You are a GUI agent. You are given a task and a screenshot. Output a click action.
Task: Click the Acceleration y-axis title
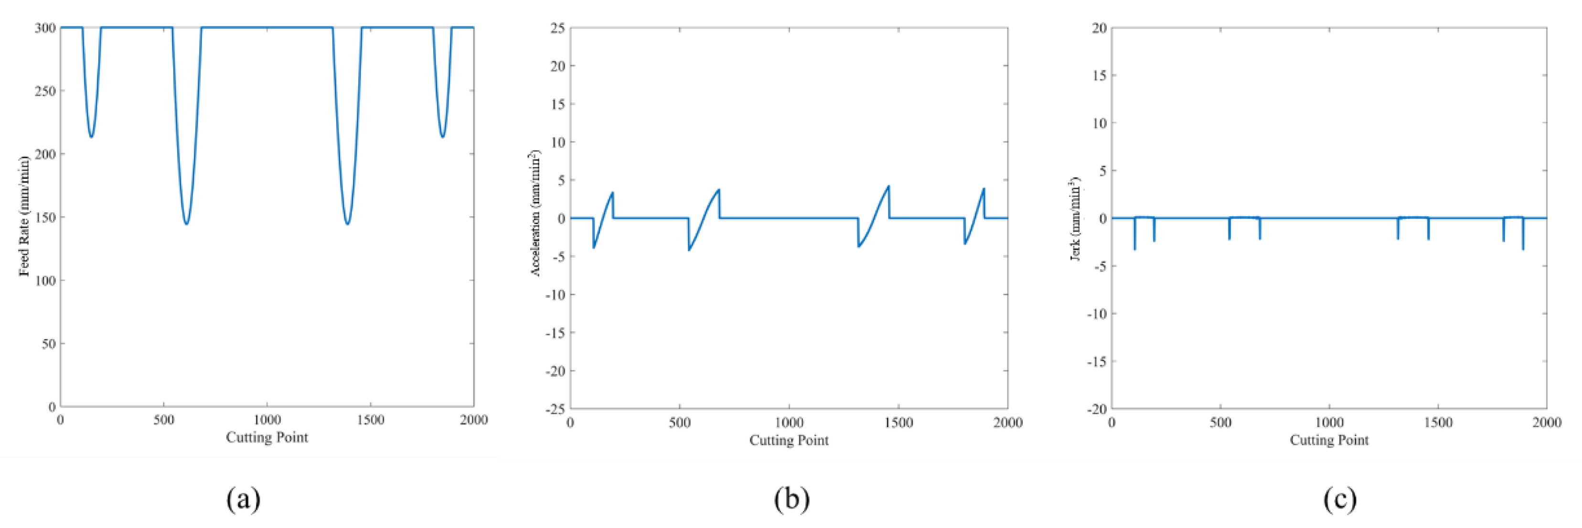535,213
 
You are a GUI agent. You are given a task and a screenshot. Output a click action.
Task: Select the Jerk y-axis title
1075,219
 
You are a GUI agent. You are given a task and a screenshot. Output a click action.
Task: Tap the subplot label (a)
243,499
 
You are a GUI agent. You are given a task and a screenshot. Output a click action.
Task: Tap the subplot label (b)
791,499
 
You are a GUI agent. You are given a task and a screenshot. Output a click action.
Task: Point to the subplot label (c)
1339,499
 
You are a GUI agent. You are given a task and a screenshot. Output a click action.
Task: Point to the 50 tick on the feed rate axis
47,343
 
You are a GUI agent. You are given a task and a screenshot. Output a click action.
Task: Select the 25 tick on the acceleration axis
556,28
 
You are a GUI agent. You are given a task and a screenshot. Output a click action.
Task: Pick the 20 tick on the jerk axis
1099,28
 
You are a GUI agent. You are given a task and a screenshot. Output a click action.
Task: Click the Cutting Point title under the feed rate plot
267,437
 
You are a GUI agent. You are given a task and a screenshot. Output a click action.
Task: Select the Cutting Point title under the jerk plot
1329,440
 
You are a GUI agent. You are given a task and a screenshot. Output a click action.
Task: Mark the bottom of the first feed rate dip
91,136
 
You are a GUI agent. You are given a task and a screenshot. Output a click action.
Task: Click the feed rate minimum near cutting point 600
186,224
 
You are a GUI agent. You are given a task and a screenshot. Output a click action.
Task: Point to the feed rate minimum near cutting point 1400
348,224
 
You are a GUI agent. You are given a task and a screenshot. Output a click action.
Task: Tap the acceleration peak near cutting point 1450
888,186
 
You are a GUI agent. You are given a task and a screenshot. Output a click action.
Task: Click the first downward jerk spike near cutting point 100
1134,248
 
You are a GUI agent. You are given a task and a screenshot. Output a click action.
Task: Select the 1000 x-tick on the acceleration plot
789,423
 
